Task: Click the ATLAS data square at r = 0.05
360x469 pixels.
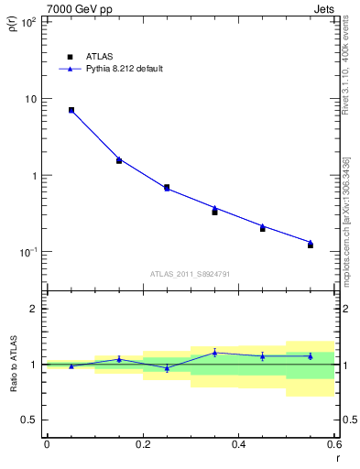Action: coord(71,110)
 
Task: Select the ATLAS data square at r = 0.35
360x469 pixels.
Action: coord(214,212)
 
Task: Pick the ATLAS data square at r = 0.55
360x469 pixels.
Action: coord(311,245)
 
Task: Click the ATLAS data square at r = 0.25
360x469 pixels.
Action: coord(167,187)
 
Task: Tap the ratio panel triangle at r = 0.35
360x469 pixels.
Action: coord(214,352)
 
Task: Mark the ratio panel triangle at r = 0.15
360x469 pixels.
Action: coord(119,358)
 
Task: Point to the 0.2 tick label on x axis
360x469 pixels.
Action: coord(143,444)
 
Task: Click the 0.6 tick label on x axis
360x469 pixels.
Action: coord(334,444)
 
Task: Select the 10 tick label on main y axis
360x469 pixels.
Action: coord(30,99)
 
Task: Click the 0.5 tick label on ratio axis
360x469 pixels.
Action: coord(29,420)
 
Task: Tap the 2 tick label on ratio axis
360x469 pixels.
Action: coord(34,309)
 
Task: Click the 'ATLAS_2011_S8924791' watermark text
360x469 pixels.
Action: coord(191,273)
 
